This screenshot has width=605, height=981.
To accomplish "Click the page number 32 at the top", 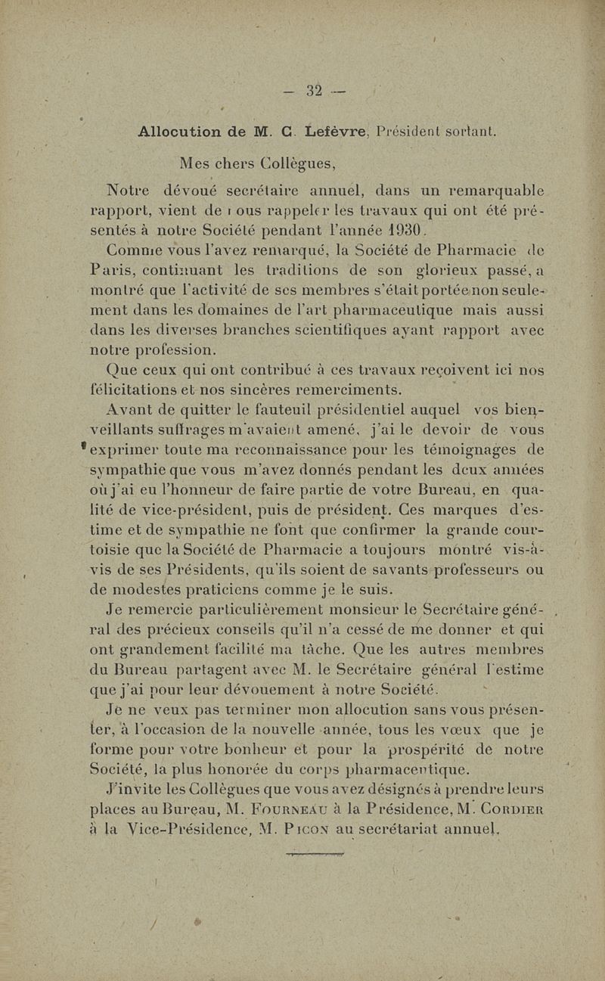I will click(315, 92).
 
